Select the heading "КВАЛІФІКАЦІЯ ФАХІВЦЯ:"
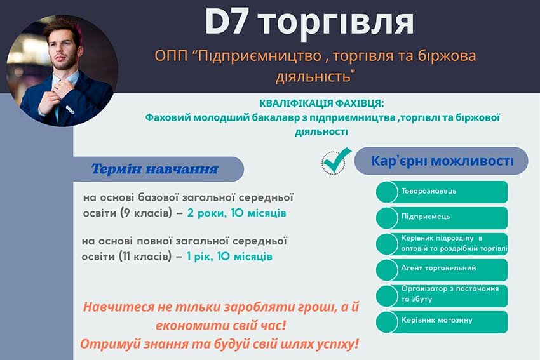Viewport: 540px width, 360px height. click(x=322, y=103)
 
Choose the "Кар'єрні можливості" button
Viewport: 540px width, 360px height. click(x=442, y=161)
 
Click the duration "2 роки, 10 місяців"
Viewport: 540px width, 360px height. click(x=236, y=213)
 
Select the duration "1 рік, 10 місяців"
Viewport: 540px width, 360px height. click(x=229, y=257)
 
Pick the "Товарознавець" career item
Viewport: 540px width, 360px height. click(x=429, y=191)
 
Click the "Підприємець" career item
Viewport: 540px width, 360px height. click(x=425, y=217)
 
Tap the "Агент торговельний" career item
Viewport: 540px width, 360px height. click(x=438, y=269)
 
